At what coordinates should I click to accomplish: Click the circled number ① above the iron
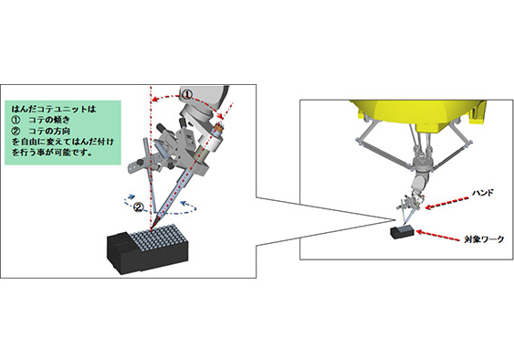pos(186,94)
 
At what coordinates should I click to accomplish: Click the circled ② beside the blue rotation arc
pos(139,207)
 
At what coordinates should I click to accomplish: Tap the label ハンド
pos(483,193)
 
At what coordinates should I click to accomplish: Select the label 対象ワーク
pos(484,238)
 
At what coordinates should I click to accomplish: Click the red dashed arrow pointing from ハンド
pos(447,203)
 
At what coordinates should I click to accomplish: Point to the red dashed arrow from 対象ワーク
pos(437,236)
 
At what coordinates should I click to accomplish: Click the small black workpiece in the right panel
pos(401,232)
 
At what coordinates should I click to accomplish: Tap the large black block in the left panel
pos(148,250)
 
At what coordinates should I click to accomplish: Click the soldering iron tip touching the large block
pos(152,229)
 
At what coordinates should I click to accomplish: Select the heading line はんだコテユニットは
pos(54,109)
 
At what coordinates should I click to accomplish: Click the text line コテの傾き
pos(49,120)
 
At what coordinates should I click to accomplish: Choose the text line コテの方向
pos(49,131)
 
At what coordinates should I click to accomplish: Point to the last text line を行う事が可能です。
pos(52,153)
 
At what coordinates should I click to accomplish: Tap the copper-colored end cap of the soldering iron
pos(218,127)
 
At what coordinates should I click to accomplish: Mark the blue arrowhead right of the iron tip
pos(184,203)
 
